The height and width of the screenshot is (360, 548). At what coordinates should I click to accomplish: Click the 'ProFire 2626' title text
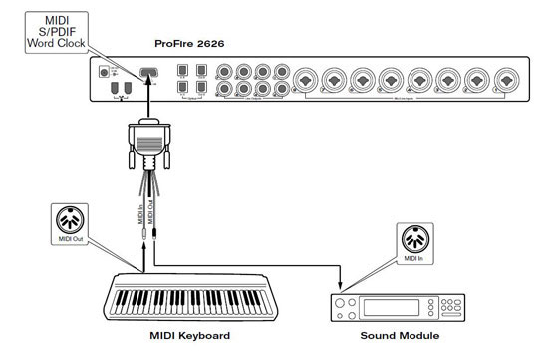click(x=197, y=44)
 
